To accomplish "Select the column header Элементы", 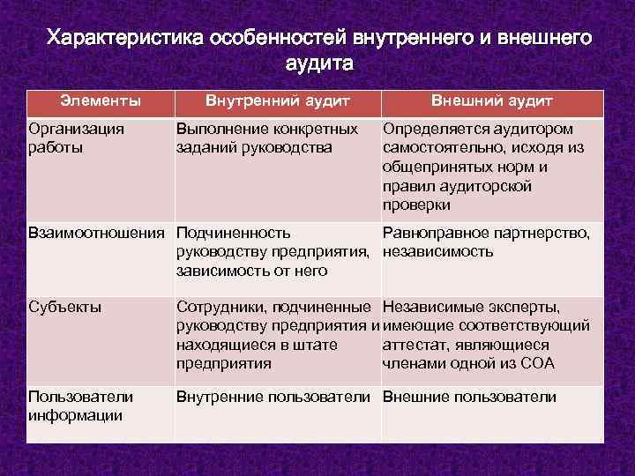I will (x=100, y=101).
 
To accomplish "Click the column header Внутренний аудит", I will (x=278, y=101).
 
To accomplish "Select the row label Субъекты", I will (x=64, y=308).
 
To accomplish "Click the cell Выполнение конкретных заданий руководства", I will (x=267, y=138).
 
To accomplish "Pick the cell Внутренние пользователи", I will (x=277, y=397).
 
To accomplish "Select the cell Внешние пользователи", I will (x=469, y=397).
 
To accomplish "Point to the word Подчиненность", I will (x=234, y=233).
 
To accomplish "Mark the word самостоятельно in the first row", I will (x=438, y=148).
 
